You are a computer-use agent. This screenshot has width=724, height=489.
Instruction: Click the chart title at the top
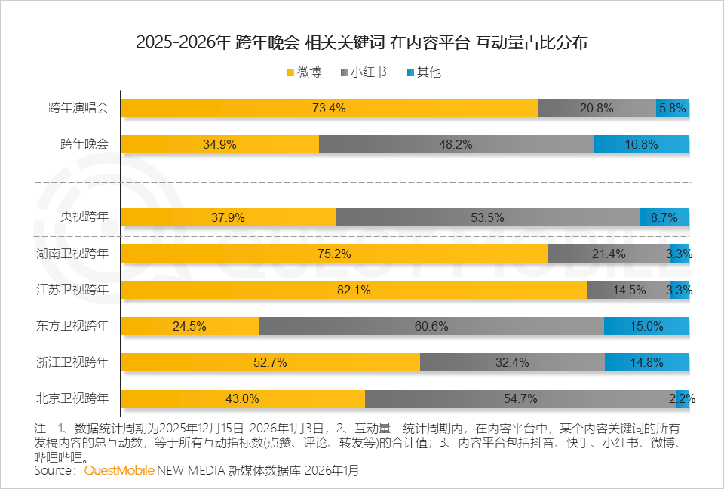(361, 42)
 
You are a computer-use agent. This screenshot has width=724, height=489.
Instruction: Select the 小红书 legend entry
(364, 73)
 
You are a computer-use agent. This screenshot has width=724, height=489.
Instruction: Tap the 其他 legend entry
(423, 73)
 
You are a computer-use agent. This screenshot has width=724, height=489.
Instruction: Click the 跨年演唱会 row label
(78, 108)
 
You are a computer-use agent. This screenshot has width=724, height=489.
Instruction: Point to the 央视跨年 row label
(84, 217)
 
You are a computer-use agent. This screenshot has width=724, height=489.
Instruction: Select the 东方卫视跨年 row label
(72, 326)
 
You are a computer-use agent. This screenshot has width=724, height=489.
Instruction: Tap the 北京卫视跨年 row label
(72, 398)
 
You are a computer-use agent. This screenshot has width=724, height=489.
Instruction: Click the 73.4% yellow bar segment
(329, 108)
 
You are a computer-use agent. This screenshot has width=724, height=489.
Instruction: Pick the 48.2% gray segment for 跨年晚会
(456, 144)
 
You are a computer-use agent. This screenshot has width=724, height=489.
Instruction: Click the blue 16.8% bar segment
(641, 144)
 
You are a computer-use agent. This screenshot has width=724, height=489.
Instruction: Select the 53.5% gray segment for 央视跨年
(487, 217)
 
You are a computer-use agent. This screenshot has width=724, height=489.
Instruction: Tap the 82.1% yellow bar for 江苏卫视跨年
(354, 290)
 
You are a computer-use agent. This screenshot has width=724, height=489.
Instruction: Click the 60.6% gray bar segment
(431, 326)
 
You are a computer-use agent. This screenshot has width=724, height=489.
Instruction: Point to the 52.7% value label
(270, 362)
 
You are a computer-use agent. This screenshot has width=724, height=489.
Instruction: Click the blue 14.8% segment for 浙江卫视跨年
(646, 362)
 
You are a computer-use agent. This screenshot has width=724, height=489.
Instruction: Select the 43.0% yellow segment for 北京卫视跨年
(243, 398)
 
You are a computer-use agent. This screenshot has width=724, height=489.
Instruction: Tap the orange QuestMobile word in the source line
(119, 470)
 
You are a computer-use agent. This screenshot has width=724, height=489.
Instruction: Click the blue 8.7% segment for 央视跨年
(664, 217)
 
